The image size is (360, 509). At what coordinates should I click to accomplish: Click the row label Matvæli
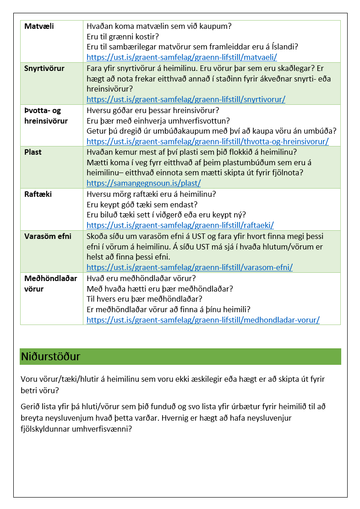(x=39, y=26)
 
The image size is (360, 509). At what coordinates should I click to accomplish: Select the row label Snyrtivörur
(x=44, y=68)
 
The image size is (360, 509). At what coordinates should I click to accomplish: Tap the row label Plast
(x=33, y=152)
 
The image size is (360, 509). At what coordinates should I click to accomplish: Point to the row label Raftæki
(x=38, y=194)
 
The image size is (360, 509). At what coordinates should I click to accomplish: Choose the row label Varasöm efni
(x=48, y=236)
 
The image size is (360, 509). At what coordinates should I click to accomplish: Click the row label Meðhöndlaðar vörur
(x=51, y=283)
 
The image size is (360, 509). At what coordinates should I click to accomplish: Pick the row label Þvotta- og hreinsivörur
(x=46, y=115)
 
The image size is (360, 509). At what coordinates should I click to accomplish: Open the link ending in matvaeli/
(x=182, y=57)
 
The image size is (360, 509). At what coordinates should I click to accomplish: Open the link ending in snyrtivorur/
(x=186, y=99)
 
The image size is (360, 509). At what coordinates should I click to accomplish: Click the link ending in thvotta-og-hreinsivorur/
(x=207, y=141)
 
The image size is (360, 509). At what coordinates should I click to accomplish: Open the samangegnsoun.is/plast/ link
(x=144, y=183)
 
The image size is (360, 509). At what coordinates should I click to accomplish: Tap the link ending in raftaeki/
(x=180, y=225)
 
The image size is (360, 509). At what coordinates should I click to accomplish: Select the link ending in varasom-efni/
(x=190, y=267)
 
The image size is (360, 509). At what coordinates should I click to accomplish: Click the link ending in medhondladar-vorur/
(x=203, y=320)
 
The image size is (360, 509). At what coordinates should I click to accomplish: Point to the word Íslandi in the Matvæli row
(x=284, y=47)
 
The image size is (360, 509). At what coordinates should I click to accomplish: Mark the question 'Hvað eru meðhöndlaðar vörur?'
(x=141, y=278)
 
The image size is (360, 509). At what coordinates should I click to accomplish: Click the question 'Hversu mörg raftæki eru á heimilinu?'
(x=151, y=194)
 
